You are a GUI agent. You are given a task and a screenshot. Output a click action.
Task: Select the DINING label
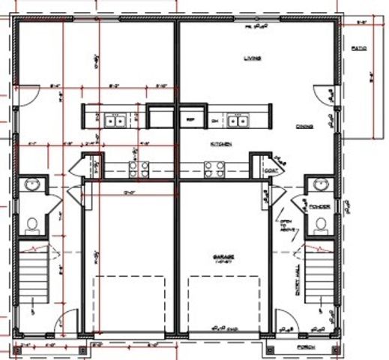[x=304, y=127]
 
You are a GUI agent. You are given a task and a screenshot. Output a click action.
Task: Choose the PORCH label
[x=304, y=348]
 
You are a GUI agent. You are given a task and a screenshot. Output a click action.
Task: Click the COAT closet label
[x=271, y=170]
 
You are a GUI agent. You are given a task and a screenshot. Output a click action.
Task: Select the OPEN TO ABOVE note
[x=285, y=226]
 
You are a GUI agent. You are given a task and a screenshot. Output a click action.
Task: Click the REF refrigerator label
[x=190, y=119]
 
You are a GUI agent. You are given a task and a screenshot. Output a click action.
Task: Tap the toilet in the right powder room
[x=320, y=223]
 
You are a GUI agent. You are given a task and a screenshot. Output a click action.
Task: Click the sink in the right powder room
[x=320, y=185]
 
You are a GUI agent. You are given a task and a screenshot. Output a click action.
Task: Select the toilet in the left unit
[x=32, y=223]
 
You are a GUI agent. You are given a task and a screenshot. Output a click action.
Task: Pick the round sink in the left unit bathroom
[x=32, y=185]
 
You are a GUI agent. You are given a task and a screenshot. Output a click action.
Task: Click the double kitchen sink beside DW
[x=238, y=118]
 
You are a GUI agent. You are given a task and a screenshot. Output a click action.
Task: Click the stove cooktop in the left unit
[x=139, y=169]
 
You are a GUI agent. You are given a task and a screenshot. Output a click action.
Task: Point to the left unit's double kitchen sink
[x=115, y=118]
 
